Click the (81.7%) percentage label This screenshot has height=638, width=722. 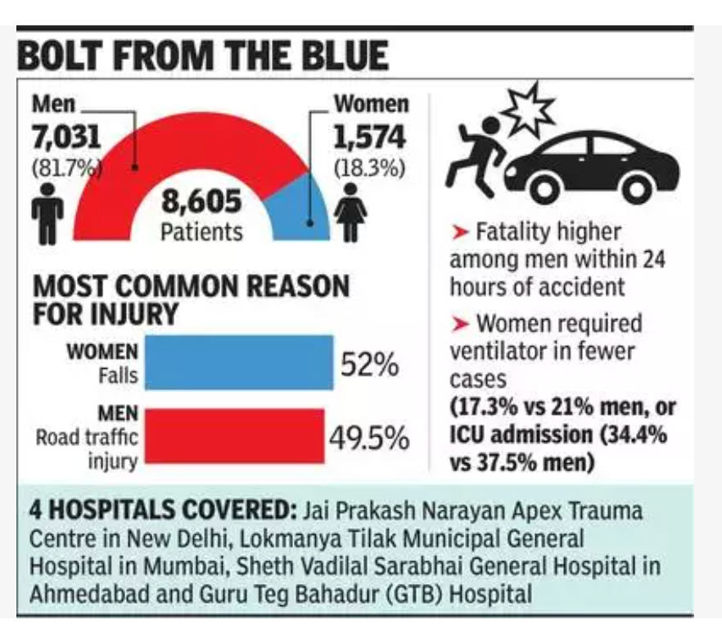(66, 168)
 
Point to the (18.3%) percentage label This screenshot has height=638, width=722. (369, 168)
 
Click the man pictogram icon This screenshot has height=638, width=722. (47, 212)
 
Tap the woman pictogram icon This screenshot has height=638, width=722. (351, 212)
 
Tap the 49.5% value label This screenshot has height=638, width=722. (369, 438)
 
